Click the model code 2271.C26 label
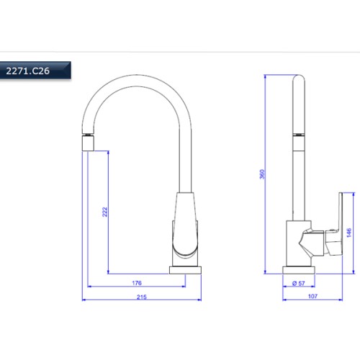[27, 71]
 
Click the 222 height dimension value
[105, 212]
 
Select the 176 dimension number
[137, 283]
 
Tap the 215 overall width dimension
[142, 297]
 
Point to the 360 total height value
[262, 174]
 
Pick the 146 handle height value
[349, 233]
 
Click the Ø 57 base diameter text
[299, 284]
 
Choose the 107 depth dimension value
[312, 297]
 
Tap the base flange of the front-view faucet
[185, 270]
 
